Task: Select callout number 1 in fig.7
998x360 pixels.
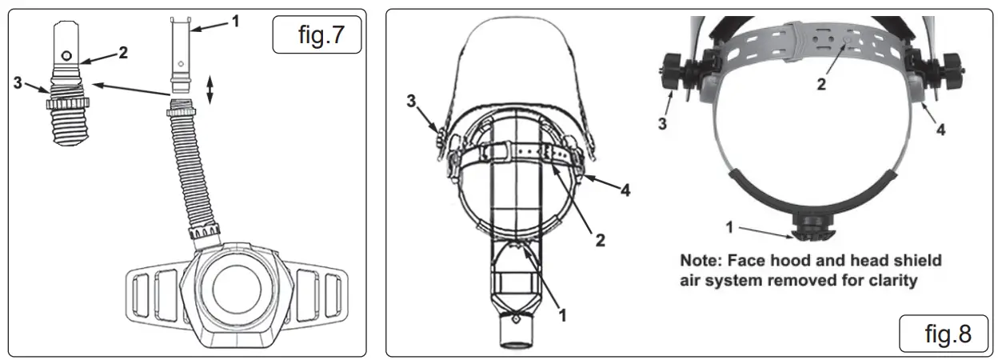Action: click(x=234, y=21)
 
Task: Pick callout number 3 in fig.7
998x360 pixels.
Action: click(x=18, y=82)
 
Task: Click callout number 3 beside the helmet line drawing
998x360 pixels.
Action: click(x=411, y=102)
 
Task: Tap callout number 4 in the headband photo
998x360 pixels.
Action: click(x=941, y=128)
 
